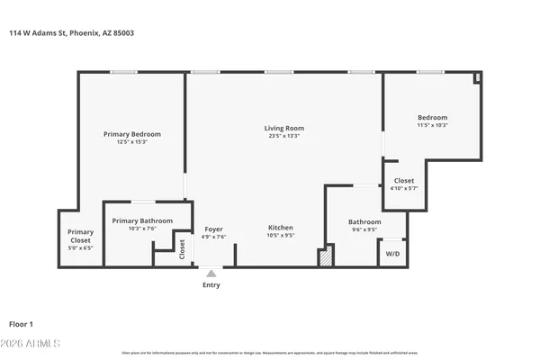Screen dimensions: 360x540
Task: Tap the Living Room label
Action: point(283,128)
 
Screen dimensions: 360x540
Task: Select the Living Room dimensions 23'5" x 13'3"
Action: point(283,136)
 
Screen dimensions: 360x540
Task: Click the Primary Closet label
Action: point(81,237)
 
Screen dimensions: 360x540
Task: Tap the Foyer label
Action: point(213,229)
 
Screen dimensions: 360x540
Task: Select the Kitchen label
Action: point(280,229)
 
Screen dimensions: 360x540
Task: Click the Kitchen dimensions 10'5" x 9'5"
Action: point(280,237)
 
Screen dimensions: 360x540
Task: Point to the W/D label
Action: point(392,254)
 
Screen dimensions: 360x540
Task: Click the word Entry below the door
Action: point(211,285)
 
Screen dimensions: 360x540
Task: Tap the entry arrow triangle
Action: point(211,272)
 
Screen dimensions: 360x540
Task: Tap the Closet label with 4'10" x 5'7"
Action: point(404,180)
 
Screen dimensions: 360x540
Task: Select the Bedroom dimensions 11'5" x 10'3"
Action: point(432,126)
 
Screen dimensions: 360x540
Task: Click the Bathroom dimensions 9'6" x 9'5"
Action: point(364,229)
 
